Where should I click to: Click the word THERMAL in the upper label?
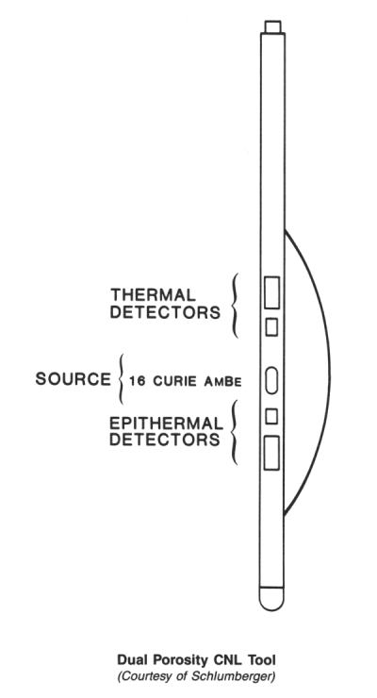coord(153,294)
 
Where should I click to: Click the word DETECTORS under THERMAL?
coord(165,312)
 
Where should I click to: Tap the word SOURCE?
coord(73,379)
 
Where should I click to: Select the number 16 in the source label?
coord(137,381)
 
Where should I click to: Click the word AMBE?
coord(223,381)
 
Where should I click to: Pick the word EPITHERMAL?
coord(166,423)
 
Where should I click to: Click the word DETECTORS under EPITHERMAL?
coord(165,440)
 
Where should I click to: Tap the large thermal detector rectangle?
coord(272,292)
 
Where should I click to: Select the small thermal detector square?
coord(271,326)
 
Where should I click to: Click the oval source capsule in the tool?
coord(271,381)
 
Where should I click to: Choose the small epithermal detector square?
coord(271,416)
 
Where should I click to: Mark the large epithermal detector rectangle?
coord(271,453)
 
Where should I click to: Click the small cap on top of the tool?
coord(272,26)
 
